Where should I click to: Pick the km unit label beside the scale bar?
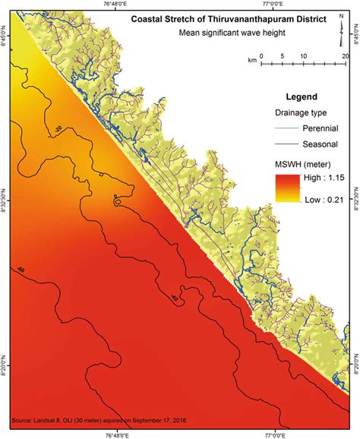(x=251, y=58)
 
